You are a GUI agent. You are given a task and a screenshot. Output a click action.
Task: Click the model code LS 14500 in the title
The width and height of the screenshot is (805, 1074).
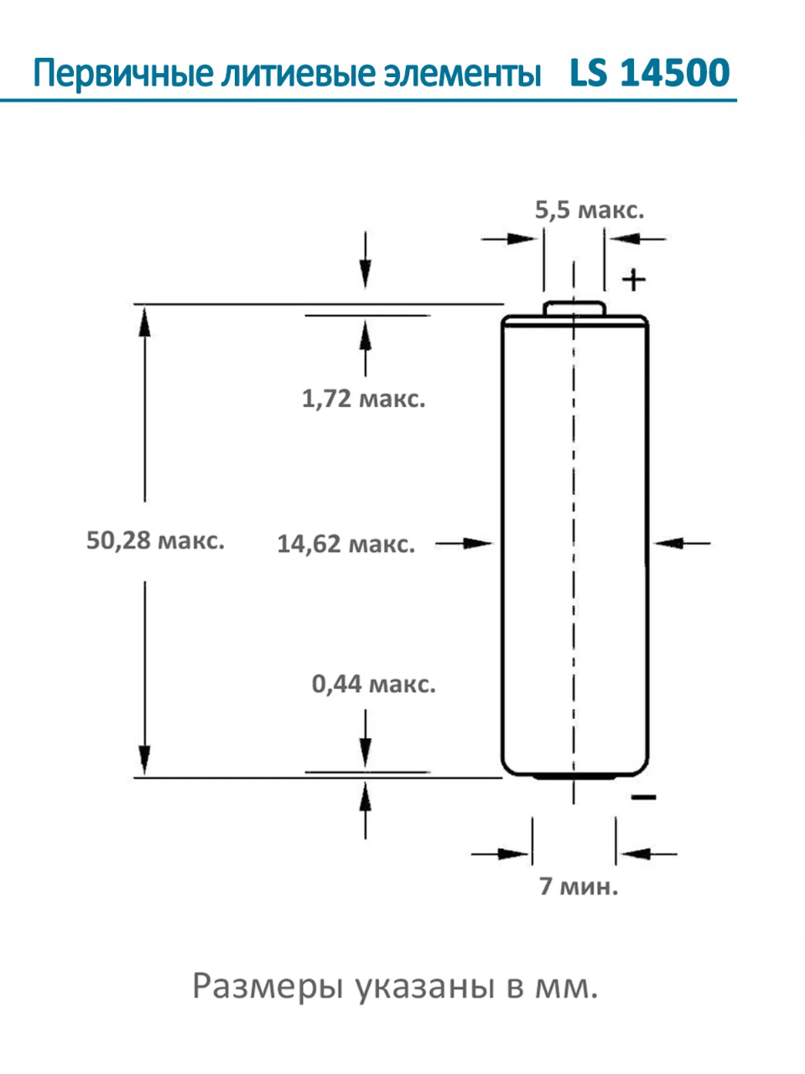(x=650, y=73)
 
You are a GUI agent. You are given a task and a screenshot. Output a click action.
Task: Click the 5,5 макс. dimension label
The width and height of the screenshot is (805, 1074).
(x=589, y=210)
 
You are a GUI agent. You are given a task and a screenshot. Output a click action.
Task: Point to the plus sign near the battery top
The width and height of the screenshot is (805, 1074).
(x=634, y=279)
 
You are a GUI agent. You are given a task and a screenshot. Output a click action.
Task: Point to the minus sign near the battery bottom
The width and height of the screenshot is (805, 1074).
(x=643, y=796)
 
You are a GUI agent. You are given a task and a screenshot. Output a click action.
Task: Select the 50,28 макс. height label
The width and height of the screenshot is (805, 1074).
(x=155, y=540)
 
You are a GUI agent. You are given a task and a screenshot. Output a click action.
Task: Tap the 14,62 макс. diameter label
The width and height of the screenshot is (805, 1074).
(x=345, y=544)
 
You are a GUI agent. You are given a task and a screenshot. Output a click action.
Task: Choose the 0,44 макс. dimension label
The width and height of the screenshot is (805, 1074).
(x=374, y=684)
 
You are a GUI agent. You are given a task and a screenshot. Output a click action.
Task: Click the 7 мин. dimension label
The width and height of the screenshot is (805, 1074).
(x=579, y=886)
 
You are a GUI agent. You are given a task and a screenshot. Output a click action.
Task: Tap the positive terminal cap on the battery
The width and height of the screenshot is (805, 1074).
(x=574, y=308)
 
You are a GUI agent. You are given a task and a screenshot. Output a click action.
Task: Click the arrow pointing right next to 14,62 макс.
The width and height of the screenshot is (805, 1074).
(x=465, y=544)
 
